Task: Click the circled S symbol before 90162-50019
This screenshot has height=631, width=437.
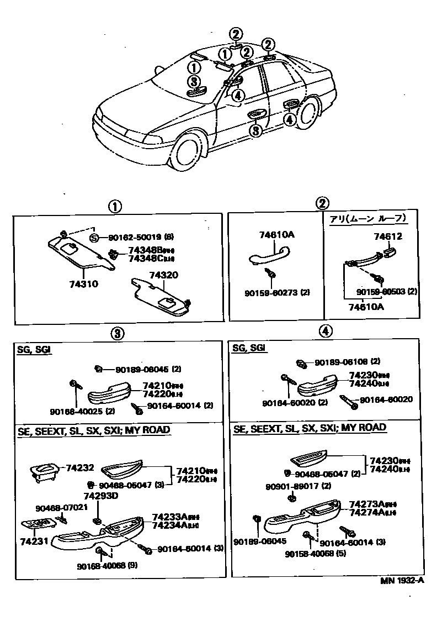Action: pyautogui.click(x=94, y=238)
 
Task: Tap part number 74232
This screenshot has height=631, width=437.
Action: pyautogui.click(x=81, y=467)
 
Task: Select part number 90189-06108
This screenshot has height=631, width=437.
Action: pyautogui.click(x=340, y=362)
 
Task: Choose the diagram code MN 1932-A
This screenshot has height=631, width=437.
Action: pyautogui.click(x=401, y=580)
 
